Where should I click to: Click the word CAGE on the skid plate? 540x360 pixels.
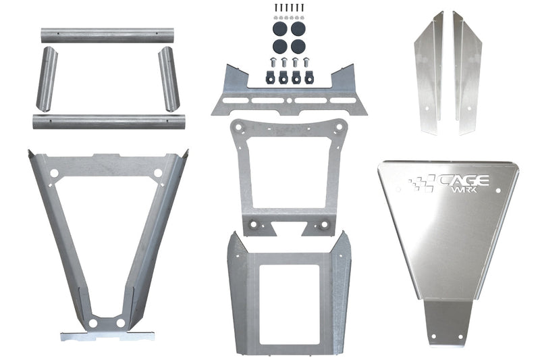[466, 180]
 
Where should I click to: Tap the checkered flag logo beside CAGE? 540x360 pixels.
[422, 182]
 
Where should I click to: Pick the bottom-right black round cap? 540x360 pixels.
[298, 47]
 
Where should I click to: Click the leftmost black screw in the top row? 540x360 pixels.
[275, 7]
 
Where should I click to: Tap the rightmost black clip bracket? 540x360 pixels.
[309, 76]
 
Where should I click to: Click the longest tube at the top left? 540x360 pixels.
[104, 35]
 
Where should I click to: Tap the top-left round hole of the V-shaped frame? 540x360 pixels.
[54, 173]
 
